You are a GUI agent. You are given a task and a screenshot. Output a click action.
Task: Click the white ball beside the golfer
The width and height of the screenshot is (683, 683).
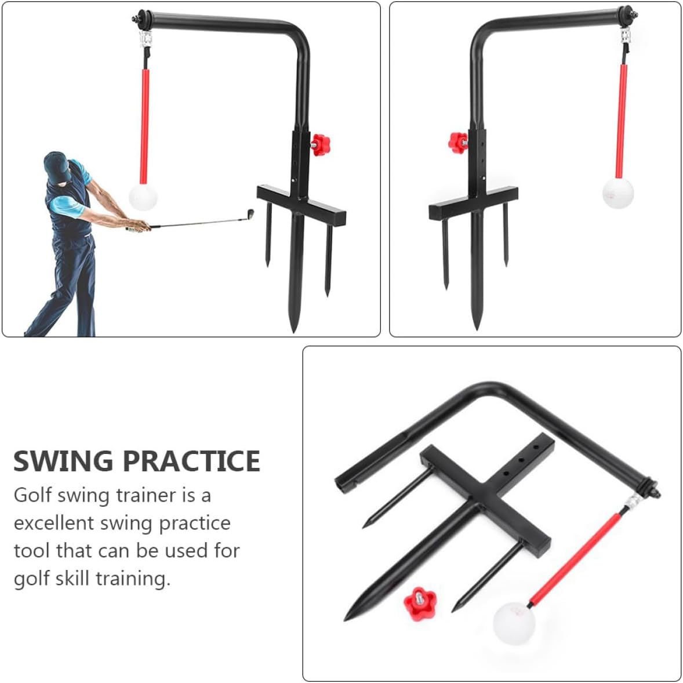pyautogui.click(x=143, y=197)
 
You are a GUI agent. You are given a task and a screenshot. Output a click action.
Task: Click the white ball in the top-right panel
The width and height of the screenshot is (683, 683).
pyautogui.click(x=617, y=192)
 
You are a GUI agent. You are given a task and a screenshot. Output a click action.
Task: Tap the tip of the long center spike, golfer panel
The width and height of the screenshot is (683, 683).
pyautogui.click(x=294, y=329)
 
